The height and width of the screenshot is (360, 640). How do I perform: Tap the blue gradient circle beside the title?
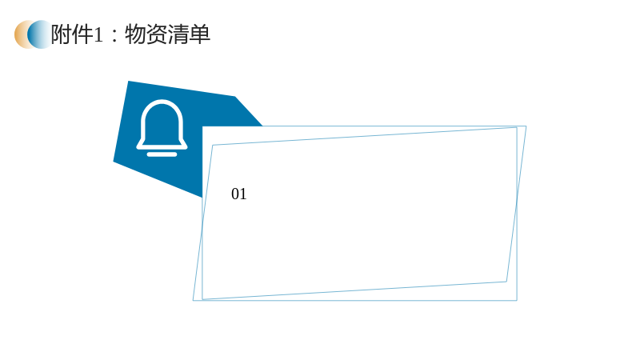click(x=40, y=34)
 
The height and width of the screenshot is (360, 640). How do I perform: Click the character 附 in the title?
click(x=62, y=34)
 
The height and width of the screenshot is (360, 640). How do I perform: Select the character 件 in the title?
click(x=83, y=34)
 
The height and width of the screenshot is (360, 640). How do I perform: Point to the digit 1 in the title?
click(x=98, y=35)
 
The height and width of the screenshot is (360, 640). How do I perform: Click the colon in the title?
click(x=114, y=36)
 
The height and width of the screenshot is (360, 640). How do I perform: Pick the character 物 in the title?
click(x=135, y=34)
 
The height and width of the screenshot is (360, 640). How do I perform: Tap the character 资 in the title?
click(x=157, y=34)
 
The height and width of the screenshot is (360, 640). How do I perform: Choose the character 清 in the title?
click(x=178, y=34)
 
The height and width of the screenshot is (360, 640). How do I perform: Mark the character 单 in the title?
click(x=199, y=34)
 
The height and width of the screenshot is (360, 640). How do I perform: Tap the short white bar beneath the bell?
click(x=162, y=154)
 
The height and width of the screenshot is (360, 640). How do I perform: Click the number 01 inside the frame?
click(x=238, y=194)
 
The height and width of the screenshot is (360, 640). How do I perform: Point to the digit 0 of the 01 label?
click(x=235, y=194)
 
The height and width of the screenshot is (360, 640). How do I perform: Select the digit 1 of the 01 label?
click(x=243, y=194)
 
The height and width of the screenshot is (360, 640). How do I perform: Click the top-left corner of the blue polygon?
click(x=128, y=82)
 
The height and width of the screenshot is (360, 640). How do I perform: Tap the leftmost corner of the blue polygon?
click(x=114, y=162)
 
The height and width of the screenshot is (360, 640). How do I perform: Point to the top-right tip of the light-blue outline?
click(x=526, y=126)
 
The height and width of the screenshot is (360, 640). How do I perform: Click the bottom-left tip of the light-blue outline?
click(x=193, y=301)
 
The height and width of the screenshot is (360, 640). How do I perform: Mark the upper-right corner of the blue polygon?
click(x=235, y=97)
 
